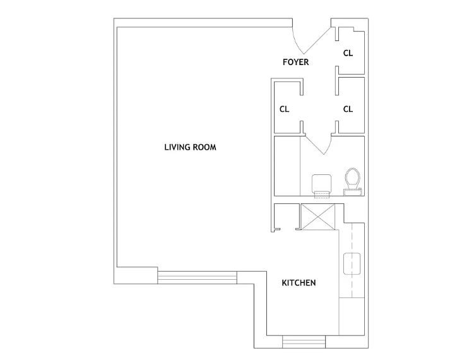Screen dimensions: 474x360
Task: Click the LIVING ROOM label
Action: pyautogui.click(x=190, y=147)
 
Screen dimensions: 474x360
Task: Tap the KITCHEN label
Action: pyautogui.click(x=299, y=283)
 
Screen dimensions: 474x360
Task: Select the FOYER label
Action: pyautogui.click(x=295, y=62)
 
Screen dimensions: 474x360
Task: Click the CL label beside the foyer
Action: pyautogui.click(x=348, y=53)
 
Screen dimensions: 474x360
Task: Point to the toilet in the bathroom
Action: pyautogui.click(x=352, y=181)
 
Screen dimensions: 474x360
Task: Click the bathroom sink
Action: pyautogui.click(x=322, y=184)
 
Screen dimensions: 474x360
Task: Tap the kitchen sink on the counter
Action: pyautogui.click(x=352, y=263)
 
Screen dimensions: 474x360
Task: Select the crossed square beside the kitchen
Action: pyautogui.click(x=318, y=217)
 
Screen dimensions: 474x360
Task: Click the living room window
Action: pyautogui.click(x=197, y=277)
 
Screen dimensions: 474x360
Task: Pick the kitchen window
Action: pyautogui.click(x=304, y=342)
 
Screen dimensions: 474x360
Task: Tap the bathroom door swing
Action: pyautogui.click(x=319, y=145)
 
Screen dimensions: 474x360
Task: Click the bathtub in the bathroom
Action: pyautogui.click(x=287, y=166)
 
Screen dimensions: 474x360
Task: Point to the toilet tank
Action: pyautogui.click(x=352, y=192)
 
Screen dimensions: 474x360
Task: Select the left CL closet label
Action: pyautogui.click(x=284, y=109)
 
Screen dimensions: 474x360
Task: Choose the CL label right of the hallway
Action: pyautogui.click(x=348, y=109)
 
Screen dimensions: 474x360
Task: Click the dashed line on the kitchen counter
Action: pyautogui.click(x=352, y=261)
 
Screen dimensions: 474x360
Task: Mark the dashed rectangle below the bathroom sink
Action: pyautogui.click(x=322, y=195)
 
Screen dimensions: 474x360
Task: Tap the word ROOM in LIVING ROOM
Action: pyautogui.click(x=204, y=147)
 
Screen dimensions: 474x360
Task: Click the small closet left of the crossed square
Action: pyautogui.click(x=287, y=216)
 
